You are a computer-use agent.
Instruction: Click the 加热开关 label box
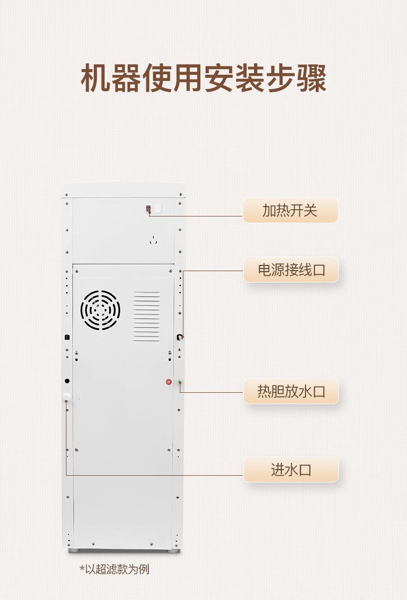(x=290, y=210)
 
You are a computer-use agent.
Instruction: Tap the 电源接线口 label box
(x=291, y=270)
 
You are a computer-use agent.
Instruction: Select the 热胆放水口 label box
(x=291, y=391)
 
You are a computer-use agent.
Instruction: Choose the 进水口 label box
(x=291, y=470)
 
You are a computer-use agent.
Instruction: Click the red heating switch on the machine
(x=149, y=209)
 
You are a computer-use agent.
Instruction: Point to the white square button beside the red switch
(x=158, y=209)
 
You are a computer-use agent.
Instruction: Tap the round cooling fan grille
(x=100, y=310)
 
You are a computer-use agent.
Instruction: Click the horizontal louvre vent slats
(x=147, y=316)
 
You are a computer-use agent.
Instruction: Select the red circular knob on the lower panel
(x=169, y=382)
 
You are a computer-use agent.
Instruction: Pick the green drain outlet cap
(x=179, y=382)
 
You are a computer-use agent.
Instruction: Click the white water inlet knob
(x=67, y=397)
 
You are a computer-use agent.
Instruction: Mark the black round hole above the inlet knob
(x=67, y=381)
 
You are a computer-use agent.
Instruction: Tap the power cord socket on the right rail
(x=180, y=337)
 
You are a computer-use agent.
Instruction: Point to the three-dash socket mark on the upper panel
(x=152, y=240)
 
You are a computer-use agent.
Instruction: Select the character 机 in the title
(x=96, y=78)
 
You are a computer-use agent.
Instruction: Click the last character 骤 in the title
(x=311, y=78)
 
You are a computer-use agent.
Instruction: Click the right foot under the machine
(x=174, y=551)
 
